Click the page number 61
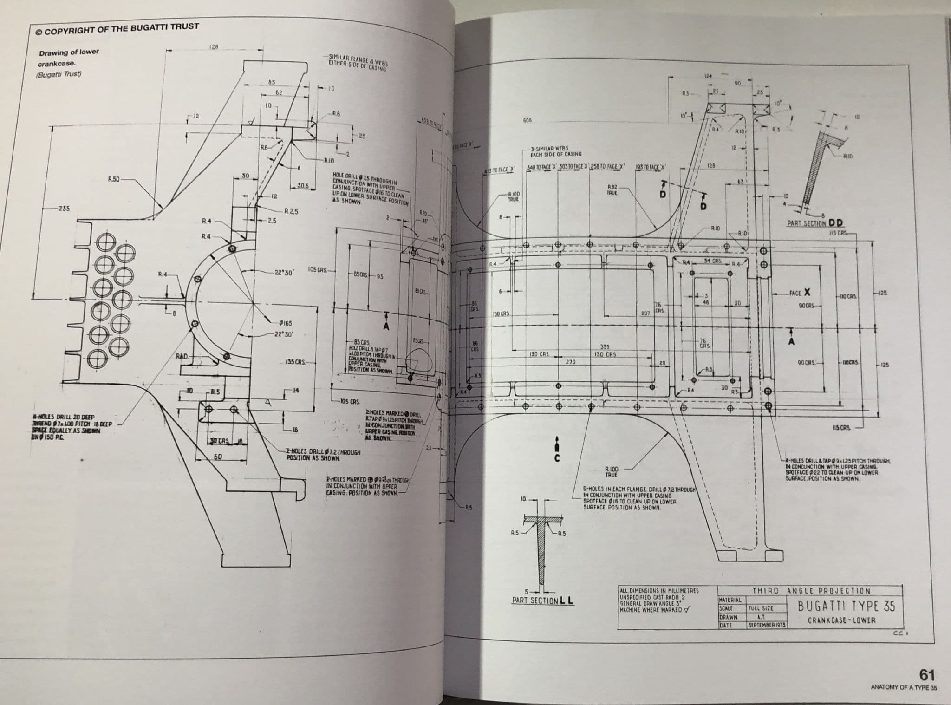click(x=926, y=674)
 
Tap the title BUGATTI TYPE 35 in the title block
click(x=846, y=607)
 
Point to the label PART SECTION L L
click(x=542, y=601)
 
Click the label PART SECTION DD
click(x=815, y=223)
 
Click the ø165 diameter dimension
click(x=285, y=323)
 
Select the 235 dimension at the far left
click(x=63, y=209)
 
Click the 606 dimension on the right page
click(x=527, y=120)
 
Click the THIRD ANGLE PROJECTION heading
click(x=811, y=591)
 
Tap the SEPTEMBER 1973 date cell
click(x=766, y=626)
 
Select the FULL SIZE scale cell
click(x=760, y=608)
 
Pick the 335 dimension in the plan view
click(x=605, y=347)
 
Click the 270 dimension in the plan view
click(x=571, y=361)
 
